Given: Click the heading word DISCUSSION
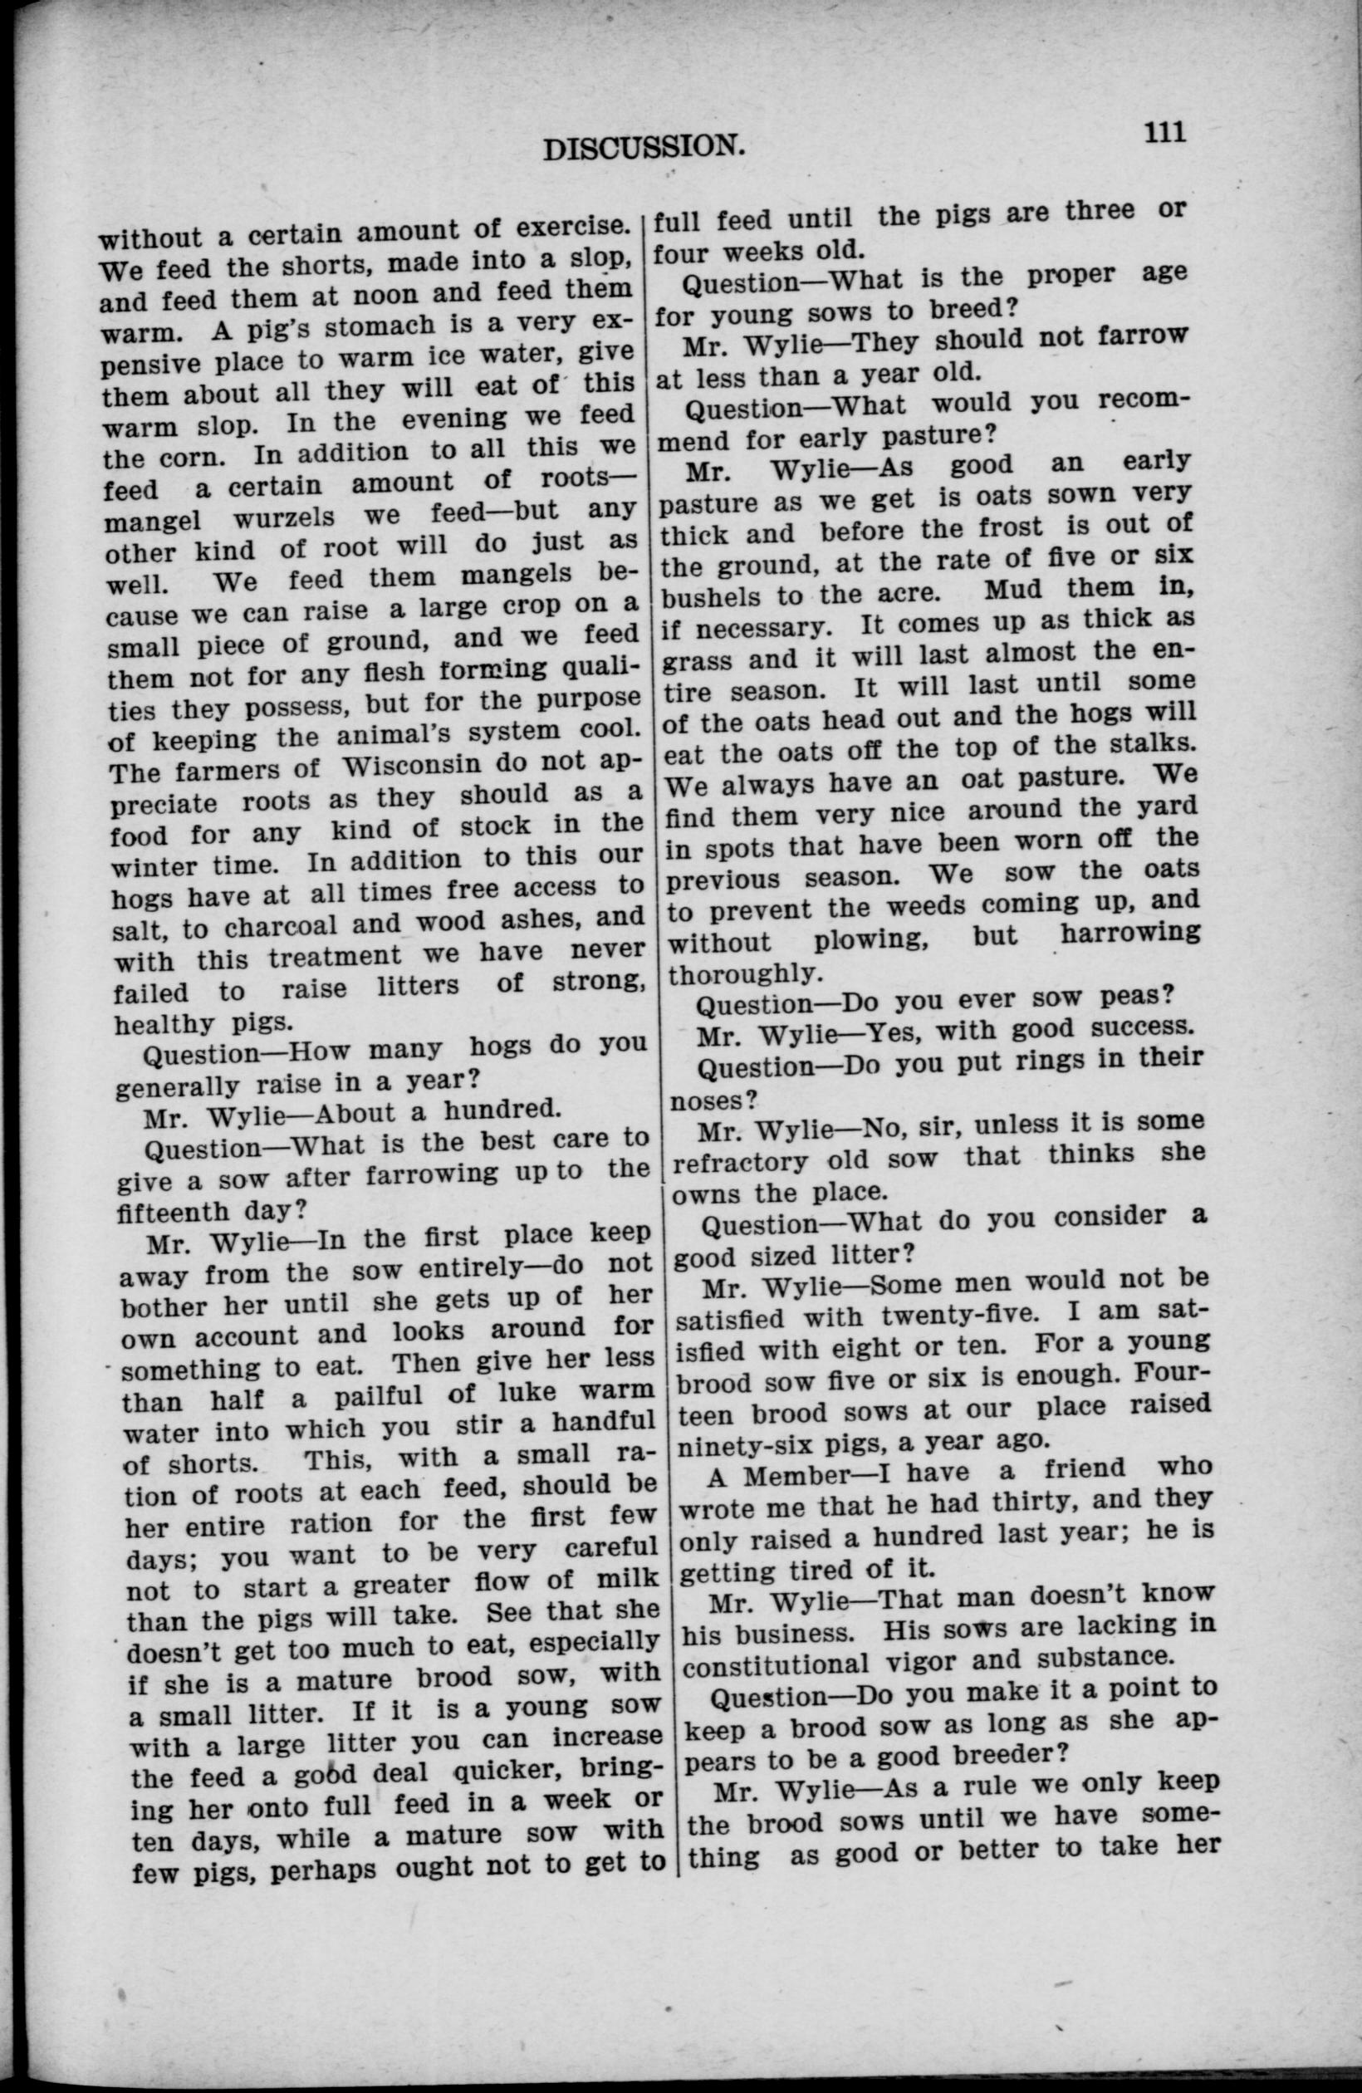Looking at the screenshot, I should click(639, 147).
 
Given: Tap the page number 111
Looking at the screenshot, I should click(1165, 131).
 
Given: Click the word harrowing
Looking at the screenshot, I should click(1129, 933).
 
